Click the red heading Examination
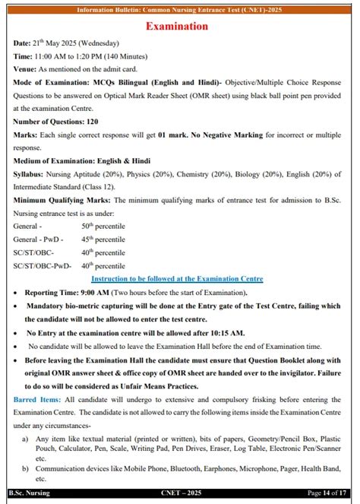(x=180, y=27)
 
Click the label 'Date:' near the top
(x=23, y=43)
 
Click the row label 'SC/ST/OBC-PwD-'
(x=42, y=266)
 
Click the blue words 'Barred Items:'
(x=39, y=398)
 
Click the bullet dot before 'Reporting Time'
(x=17, y=293)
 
